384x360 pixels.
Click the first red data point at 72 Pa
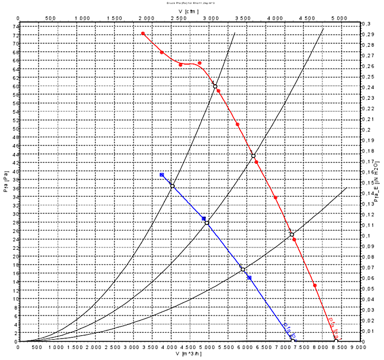pos(143,33)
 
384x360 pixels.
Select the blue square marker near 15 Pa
pos(250,277)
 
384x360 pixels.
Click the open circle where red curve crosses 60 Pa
pos(215,87)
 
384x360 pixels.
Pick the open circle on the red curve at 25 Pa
pos(292,235)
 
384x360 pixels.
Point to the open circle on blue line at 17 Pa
pos(243,269)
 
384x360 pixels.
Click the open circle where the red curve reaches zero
pos(336,341)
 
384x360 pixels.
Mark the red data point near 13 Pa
pos(315,286)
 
